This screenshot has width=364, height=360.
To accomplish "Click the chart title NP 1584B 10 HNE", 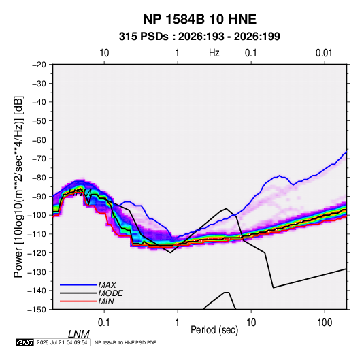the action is point(199,19).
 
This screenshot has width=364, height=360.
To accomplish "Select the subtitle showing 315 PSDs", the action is point(199,37).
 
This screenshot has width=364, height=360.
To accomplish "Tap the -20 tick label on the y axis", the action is point(39,65).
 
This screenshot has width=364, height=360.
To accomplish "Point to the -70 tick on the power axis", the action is point(39,159).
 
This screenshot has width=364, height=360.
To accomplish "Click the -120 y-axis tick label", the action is point(37,253).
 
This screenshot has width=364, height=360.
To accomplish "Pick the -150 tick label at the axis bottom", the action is point(37,310).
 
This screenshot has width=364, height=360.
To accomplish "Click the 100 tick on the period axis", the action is point(325,323).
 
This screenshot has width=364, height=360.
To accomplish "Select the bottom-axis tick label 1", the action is point(177,323).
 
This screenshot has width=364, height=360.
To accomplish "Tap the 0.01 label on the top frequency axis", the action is point(324,53).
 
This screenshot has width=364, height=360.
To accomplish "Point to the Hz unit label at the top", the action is point(214,53).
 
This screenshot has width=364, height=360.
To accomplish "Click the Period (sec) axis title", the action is point(214,330).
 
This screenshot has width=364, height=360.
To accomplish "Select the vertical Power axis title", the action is point(18,186).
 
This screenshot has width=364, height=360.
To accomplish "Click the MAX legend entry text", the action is point(107,284).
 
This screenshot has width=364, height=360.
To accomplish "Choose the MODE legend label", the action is point(110,293).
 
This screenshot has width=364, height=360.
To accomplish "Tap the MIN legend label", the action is point(106,301).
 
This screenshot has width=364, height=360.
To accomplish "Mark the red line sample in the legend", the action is point(78,301).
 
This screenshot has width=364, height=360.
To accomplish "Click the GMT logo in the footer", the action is point(24,342).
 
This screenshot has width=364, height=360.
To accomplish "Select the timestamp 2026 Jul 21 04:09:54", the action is point(62,342).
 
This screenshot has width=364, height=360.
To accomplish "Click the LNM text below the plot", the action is point(79,334).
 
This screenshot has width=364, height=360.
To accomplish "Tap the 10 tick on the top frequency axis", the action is point(104,53).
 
